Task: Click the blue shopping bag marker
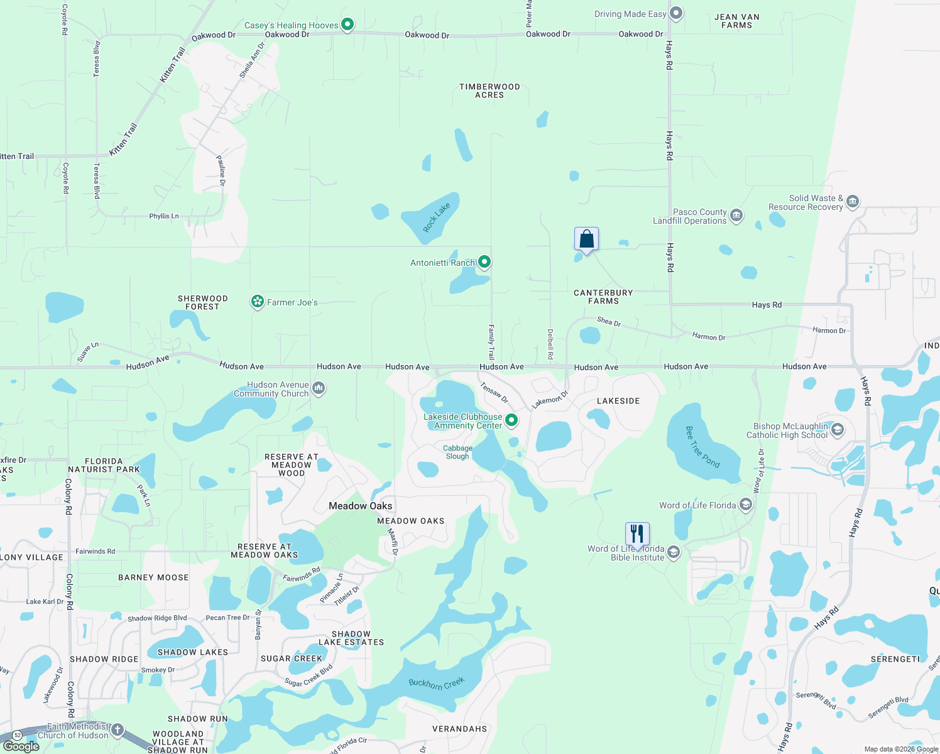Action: (586, 239)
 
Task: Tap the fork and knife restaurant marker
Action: (637, 534)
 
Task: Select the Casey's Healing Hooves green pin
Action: (347, 25)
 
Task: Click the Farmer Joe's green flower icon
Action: (257, 302)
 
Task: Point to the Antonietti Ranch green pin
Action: (484, 262)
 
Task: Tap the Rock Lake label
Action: (436, 217)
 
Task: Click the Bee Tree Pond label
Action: (702, 447)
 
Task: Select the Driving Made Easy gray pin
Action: (676, 13)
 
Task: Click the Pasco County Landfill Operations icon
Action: (736, 216)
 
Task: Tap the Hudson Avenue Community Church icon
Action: (319, 388)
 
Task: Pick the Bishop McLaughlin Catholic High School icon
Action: (837, 430)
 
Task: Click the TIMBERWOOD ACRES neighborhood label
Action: (489, 91)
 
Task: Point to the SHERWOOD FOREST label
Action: (202, 303)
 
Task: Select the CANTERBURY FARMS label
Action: (603, 297)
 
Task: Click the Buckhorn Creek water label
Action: (436, 683)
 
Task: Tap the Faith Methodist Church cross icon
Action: (117, 730)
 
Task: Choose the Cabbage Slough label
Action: (457, 452)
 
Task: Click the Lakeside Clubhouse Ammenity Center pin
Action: (511, 420)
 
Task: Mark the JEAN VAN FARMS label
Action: (736, 21)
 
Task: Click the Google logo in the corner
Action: (21, 746)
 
